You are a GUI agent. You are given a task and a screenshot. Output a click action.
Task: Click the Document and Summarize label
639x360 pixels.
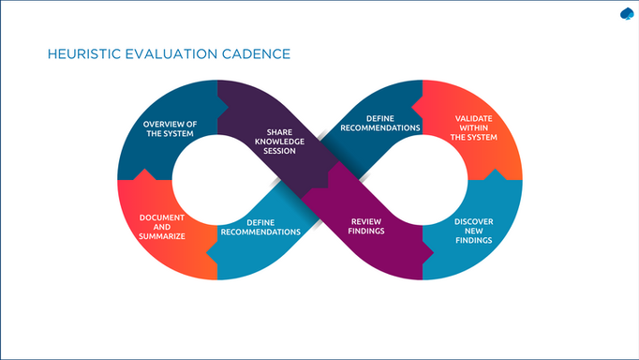click(x=162, y=227)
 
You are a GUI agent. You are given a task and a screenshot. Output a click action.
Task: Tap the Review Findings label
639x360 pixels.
click(x=366, y=226)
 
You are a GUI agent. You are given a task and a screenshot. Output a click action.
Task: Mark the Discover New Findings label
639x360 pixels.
click(x=473, y=232)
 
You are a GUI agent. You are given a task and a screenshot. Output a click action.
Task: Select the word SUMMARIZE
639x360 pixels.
click(x=162, y=236)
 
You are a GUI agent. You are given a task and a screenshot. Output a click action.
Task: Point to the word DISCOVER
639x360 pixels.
click(x=473, y=222)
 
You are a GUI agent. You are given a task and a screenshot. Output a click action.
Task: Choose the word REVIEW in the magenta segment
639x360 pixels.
click(x=366, y=221)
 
